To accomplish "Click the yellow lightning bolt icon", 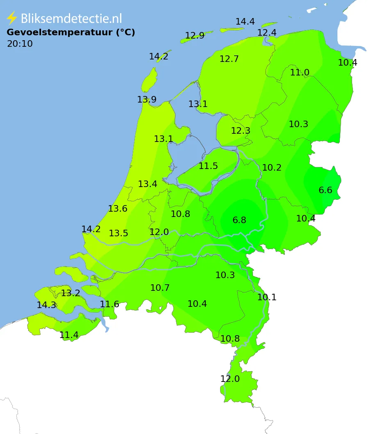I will coord(12,18).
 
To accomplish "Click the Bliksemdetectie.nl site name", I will coord(71,18).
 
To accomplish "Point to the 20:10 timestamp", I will coord(20,44).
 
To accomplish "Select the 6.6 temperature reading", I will coord(325,190).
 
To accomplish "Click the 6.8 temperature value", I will coord(239,220).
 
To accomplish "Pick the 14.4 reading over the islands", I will coord(245,22).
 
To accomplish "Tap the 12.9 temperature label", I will coord(195,36).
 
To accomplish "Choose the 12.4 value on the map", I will coord(267,32).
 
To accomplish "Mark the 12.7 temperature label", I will coord(229,59).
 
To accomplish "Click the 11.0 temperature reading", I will coord(300,73).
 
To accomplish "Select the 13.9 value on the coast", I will coord(147,100).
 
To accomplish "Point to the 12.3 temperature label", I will coord(241,131).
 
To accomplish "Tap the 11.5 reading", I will coord(208,166).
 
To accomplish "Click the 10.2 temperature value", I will coord(272,168).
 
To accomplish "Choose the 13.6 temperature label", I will coord(118,209).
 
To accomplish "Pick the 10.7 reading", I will coord(160,288).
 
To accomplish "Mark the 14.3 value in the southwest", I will coord(46,305).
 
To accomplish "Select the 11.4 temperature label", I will coord(69,335).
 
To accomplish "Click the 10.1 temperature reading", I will coord(267,297).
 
